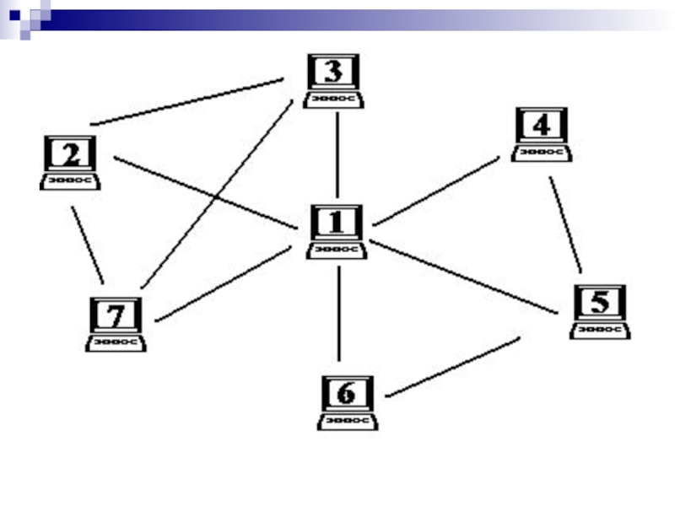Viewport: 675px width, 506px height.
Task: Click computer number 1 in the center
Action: (337, 230)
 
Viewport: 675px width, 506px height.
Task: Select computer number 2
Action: (71, 162)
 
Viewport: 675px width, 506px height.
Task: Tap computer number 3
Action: (334, 80)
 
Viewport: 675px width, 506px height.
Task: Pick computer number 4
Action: (541, 133)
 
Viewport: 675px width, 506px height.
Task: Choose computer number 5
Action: (600, 310)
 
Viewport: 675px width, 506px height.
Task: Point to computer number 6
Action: (347, 401)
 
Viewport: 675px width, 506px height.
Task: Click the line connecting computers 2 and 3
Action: (187, 102)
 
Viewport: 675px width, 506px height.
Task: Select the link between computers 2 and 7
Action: (88, 245)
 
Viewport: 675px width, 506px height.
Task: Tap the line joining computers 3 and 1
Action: (337, 154)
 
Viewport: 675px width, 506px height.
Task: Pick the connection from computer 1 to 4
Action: (436, 191)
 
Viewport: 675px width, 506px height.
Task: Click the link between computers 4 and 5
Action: (565, 223)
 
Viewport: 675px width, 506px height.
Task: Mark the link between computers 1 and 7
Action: (224, 284)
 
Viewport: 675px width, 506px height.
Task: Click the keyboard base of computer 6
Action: (347, 421)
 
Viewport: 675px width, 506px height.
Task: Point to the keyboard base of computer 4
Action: (541, 153)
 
